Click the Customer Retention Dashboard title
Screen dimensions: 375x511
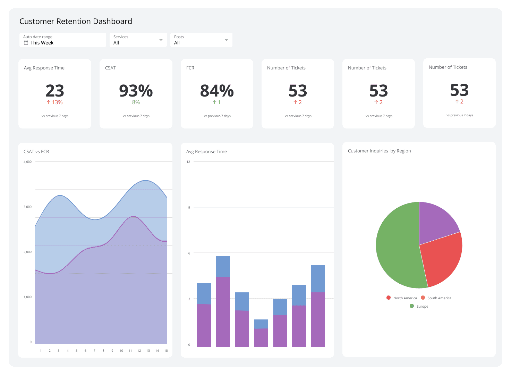coord(76,22)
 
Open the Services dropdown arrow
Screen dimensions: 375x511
coord(161,40)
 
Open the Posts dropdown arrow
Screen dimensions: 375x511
coord(227,40)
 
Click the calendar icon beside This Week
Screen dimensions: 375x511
coord(26,43)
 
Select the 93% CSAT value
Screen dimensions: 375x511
coord(136,91)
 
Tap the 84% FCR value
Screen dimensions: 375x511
coord(217,91)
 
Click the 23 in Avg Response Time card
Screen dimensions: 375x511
coord(55,91)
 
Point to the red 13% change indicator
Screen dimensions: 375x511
coord(55,102)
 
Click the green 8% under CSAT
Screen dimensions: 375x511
coord(136,102)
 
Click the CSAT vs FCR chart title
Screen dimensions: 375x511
coord(36,152)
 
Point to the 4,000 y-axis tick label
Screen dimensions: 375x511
coord(27,162)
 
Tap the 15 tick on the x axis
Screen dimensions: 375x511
coord(166,351)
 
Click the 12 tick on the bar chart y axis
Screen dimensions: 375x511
coord(188,162)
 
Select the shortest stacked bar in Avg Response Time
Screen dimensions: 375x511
coord(261,333)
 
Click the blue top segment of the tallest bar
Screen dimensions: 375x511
coord(223,267)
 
